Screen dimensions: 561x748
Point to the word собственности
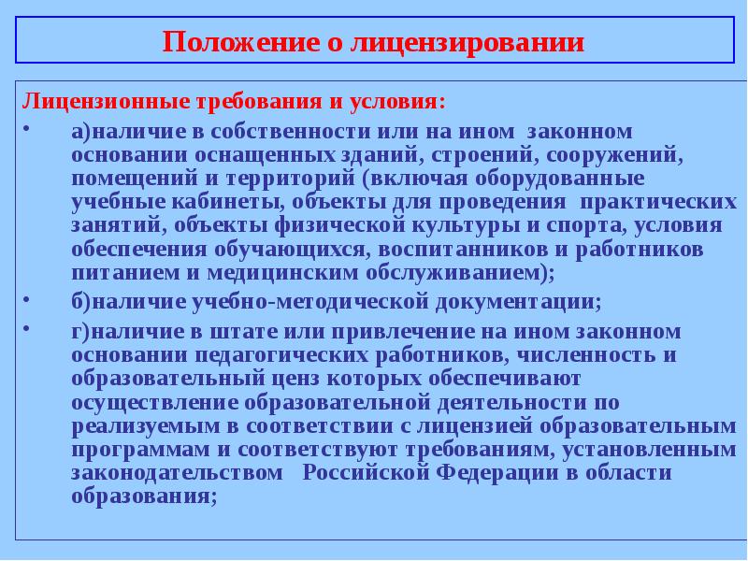284,131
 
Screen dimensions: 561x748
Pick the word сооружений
612,154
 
